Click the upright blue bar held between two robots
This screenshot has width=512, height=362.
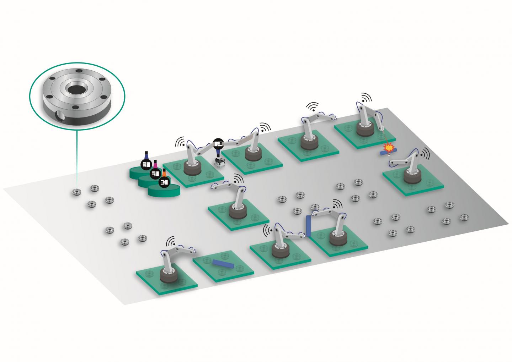pos(308,226)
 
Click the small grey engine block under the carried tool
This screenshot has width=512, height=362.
pos(219,162)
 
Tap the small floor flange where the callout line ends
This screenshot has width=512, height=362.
pos(76,192)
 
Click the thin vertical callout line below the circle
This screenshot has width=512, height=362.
pos(76,160)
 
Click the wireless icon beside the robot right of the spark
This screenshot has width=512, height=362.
pos(425,153)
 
